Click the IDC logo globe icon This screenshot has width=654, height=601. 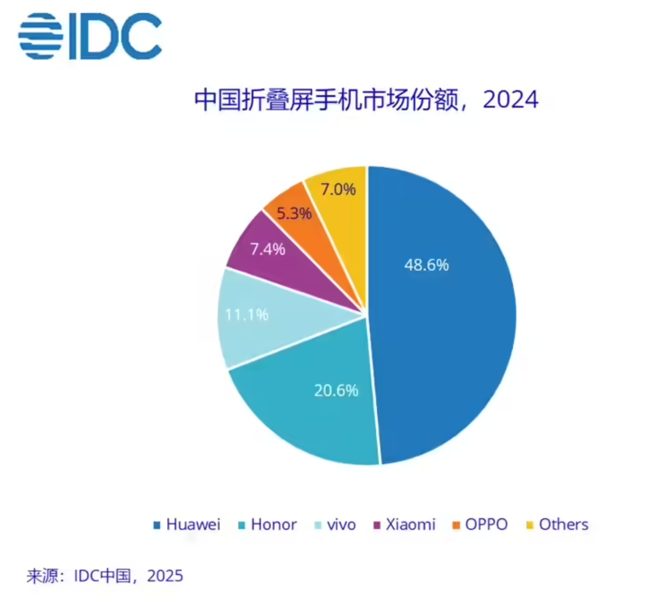click(x=40, y=36)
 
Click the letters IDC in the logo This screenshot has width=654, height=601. click(x=116, y=36)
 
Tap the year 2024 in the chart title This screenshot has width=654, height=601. click(x=510, y=100)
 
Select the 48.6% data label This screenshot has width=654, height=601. click(x=427, y=265)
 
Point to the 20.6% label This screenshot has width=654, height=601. click(x=336, y=390)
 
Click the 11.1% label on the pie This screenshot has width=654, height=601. click(x=247, y=315)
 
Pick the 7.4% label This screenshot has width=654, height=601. click(x=268, y=249)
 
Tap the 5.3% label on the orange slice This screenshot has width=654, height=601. click(x=294, y=213)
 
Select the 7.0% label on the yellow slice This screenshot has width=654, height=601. click(x=338, y=189)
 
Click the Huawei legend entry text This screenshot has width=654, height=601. click(x=193, y=524)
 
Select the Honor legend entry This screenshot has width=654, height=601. click(x=274, y=524)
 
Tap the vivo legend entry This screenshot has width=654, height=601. click(x=341, y=524)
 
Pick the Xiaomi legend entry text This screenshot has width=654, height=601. click(x=410, y=524)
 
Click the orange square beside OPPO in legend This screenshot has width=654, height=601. click(x=456, y=525)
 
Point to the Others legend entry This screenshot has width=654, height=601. click(x=563, y=524)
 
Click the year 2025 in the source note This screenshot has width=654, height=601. click(x=165, y=575)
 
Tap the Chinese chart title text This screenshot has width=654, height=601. click(x=327, y=100)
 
